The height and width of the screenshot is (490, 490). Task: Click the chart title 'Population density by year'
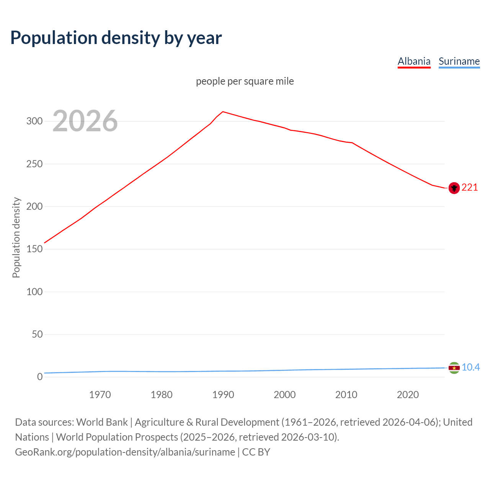coord(116,38)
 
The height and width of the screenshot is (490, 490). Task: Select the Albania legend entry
coord(414,61)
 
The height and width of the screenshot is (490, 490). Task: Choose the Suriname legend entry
coord(459,61)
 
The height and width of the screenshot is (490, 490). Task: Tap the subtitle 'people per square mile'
coord(245,81)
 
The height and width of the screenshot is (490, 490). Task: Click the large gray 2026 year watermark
coord(85,121)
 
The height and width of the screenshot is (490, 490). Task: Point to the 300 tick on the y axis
coord(34,121)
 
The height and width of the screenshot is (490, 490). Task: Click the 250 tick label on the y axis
coord(34,164)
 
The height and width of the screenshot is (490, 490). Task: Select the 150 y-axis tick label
coord(34,249)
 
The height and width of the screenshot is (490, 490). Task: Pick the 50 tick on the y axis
coord(37,334)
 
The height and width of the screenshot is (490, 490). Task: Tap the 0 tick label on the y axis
coord(40,377)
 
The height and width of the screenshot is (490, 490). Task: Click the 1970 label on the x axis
coord(100,395)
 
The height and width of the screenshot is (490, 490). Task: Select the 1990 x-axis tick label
coord(223,395)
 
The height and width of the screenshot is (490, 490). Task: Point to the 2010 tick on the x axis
coord(346,395)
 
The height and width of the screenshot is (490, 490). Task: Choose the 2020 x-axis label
coord(408,395)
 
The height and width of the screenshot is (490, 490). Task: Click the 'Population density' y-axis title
coord(16,237)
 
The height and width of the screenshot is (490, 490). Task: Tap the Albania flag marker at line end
coord(454,188)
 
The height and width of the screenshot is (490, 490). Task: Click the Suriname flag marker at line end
coord(454,368)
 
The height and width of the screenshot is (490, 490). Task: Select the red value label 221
coord(470,187)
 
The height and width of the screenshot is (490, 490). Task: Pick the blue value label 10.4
coord(470,367)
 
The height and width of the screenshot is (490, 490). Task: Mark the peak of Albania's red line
coord(223,112)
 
